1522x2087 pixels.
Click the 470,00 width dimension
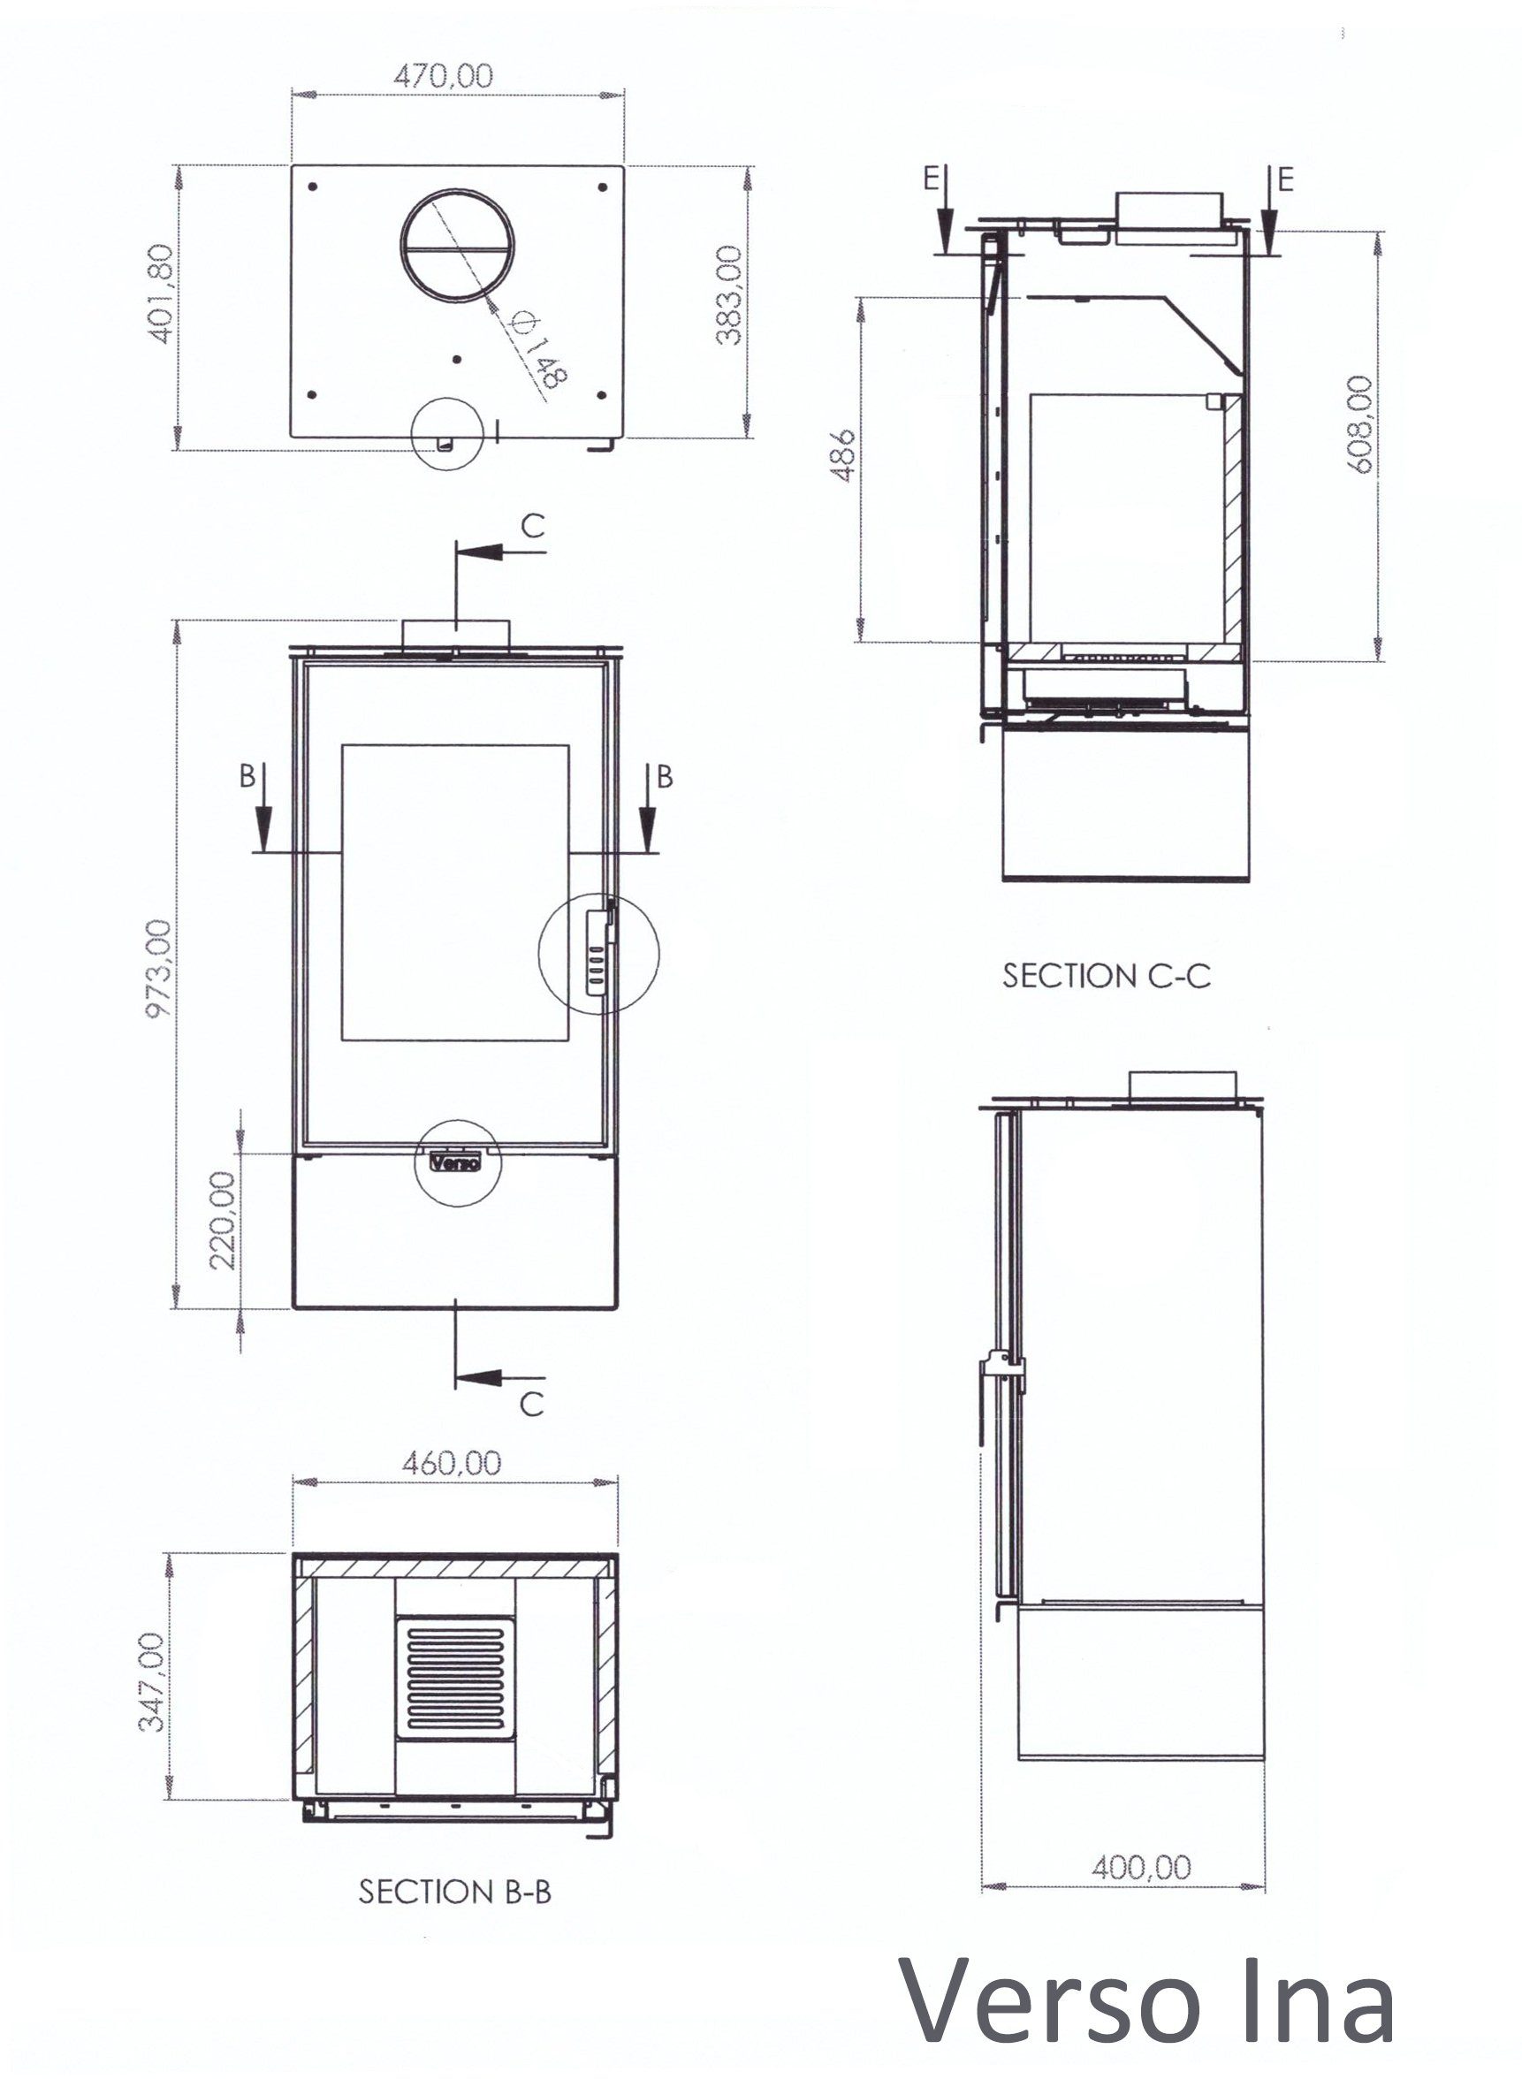443,74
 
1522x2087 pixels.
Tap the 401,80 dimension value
159,294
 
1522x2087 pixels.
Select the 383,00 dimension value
729,295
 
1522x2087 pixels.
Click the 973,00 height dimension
158,969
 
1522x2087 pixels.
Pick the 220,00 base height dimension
223,1221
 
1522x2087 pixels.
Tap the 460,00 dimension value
452,1462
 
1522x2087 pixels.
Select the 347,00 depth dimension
152,1681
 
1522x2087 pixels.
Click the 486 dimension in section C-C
843,455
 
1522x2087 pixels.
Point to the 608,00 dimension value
1360,425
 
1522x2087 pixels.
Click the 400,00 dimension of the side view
1140,1868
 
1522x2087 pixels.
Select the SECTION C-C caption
1107,976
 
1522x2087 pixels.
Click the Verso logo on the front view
456,1162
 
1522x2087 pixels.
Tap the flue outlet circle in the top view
457,245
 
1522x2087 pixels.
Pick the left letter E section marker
932,178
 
